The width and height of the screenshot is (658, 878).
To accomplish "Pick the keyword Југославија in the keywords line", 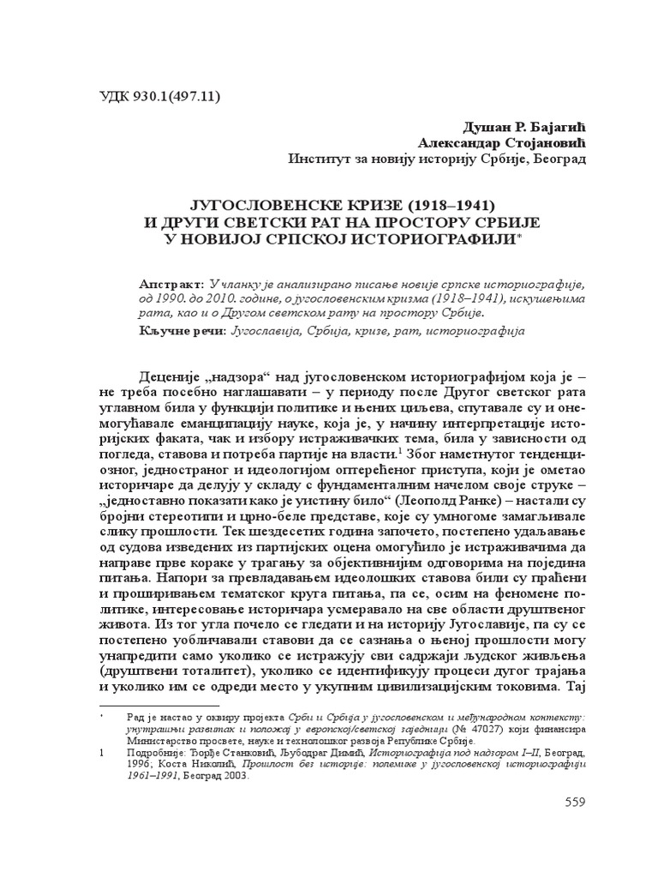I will [x=262, y=330].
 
